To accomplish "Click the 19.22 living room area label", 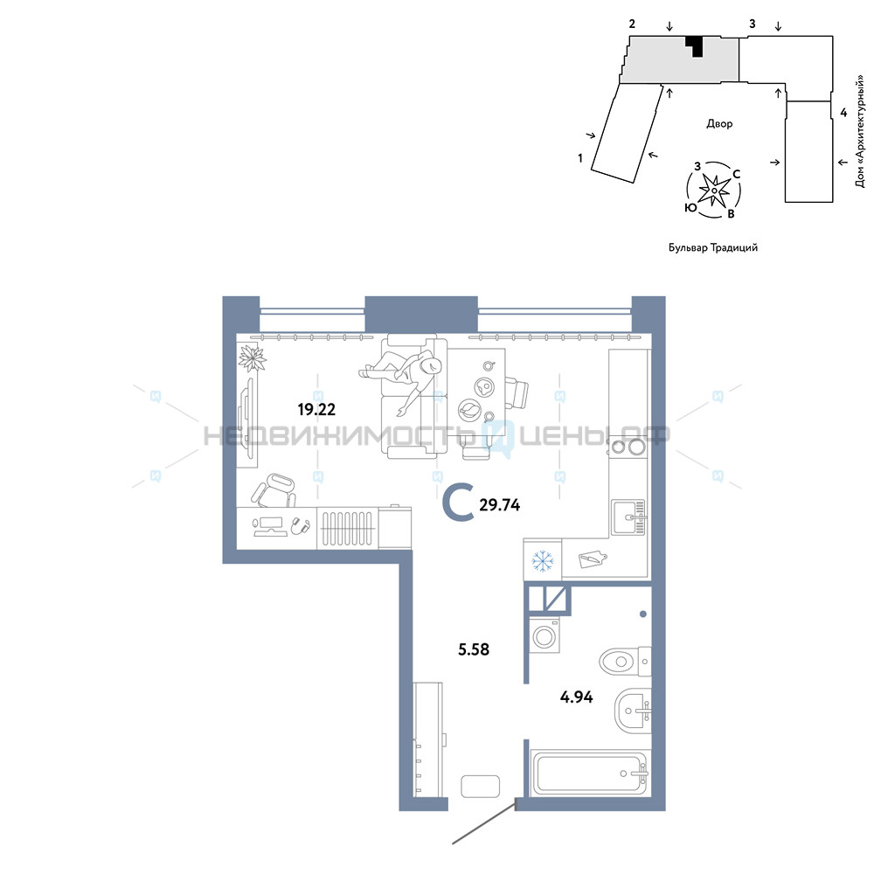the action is click(x=316, y=410).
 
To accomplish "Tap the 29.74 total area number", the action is click(x=499, y=505).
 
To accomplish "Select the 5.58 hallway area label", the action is click(x=474, y=649).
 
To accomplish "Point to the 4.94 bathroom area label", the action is click(x=576, y=697).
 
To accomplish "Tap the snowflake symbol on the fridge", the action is click(x=542, y=561).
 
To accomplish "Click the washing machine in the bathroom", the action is click(x=545, y=635).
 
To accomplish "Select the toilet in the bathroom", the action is click(x=625, y=662).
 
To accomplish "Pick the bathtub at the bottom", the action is click(x=590, y=773).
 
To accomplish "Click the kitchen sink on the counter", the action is click(x=628, y=517).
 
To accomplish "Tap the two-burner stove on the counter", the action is click(x=628, y=447).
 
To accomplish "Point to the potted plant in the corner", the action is click(x=252, y=357).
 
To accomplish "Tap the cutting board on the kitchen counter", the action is click(x=593, y=558).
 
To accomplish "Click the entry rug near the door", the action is click(x=480, y=787).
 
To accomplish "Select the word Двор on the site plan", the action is click(x=719, y=124).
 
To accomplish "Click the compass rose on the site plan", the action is click(x=713, y=191).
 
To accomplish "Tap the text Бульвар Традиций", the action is click(x=713, y=247).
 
